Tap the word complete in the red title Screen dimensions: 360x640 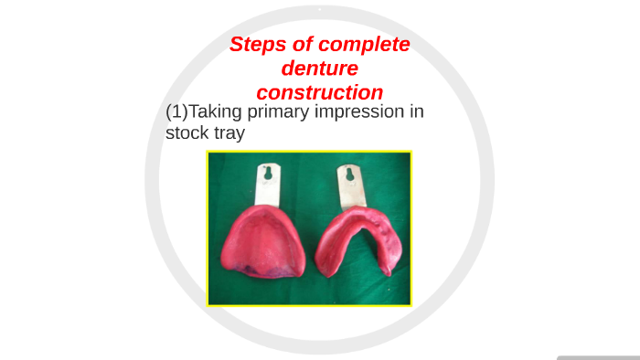click(361, 45)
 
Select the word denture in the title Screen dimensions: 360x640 click(319, 69)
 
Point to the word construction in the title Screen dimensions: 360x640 click(319, 92)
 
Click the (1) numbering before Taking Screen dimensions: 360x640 click(176, 112)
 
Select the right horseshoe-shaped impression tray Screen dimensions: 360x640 click(359, 241)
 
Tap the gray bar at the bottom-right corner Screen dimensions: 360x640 click(598, 357)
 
